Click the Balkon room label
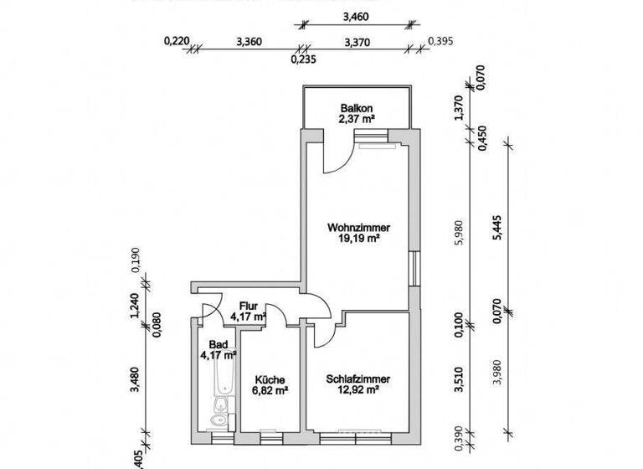[x=357, y=107]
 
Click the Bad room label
[x=218, y=344]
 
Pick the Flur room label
[x=248, y=306]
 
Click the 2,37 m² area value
[x=357, y=119]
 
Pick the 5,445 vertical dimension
[x=500, y=227]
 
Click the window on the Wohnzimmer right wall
[x=414, y=269]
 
